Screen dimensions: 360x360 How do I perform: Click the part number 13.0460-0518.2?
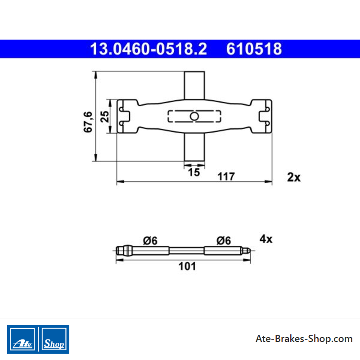coord(148,49)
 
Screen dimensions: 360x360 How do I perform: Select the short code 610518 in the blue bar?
coord(254,49)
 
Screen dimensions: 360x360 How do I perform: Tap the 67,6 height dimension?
coord(88,122)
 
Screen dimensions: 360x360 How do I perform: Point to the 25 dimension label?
coord(104,117)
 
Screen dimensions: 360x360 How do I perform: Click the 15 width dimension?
coord(194,172)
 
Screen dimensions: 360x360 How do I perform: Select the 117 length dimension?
coord(226,176)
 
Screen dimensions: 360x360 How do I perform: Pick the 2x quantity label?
coord(294,177)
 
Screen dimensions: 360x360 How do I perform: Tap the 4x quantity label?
coord(266,239)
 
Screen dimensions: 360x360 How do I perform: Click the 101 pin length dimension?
coord(187,266)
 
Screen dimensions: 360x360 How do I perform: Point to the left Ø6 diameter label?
coord(150,241)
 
